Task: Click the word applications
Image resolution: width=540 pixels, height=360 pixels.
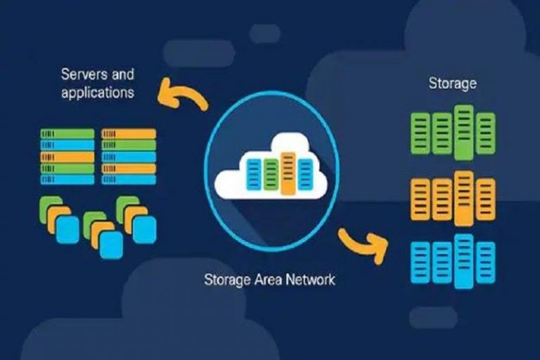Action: coord(97,92)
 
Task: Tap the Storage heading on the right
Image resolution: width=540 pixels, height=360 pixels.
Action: coord(452,84)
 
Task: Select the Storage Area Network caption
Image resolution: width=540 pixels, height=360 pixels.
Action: coord(269,279)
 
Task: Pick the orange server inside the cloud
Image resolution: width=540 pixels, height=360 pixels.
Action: coord(288,173)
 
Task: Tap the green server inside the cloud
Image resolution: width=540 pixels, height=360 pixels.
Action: coord(271,174)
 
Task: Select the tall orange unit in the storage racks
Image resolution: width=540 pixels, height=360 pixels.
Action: coord(463,198)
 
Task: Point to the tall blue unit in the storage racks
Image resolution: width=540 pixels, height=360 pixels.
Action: coord(463,262)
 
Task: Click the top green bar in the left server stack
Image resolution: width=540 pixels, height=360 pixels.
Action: coord(67,134)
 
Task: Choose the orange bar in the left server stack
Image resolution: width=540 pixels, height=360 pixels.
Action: coord(67,157)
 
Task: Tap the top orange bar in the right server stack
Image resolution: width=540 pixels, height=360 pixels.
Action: coord(129,134)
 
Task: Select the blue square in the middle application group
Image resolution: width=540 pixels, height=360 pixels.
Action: coord(110,244)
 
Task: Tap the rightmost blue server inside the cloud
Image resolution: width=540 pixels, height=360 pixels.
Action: coord(305,174)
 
